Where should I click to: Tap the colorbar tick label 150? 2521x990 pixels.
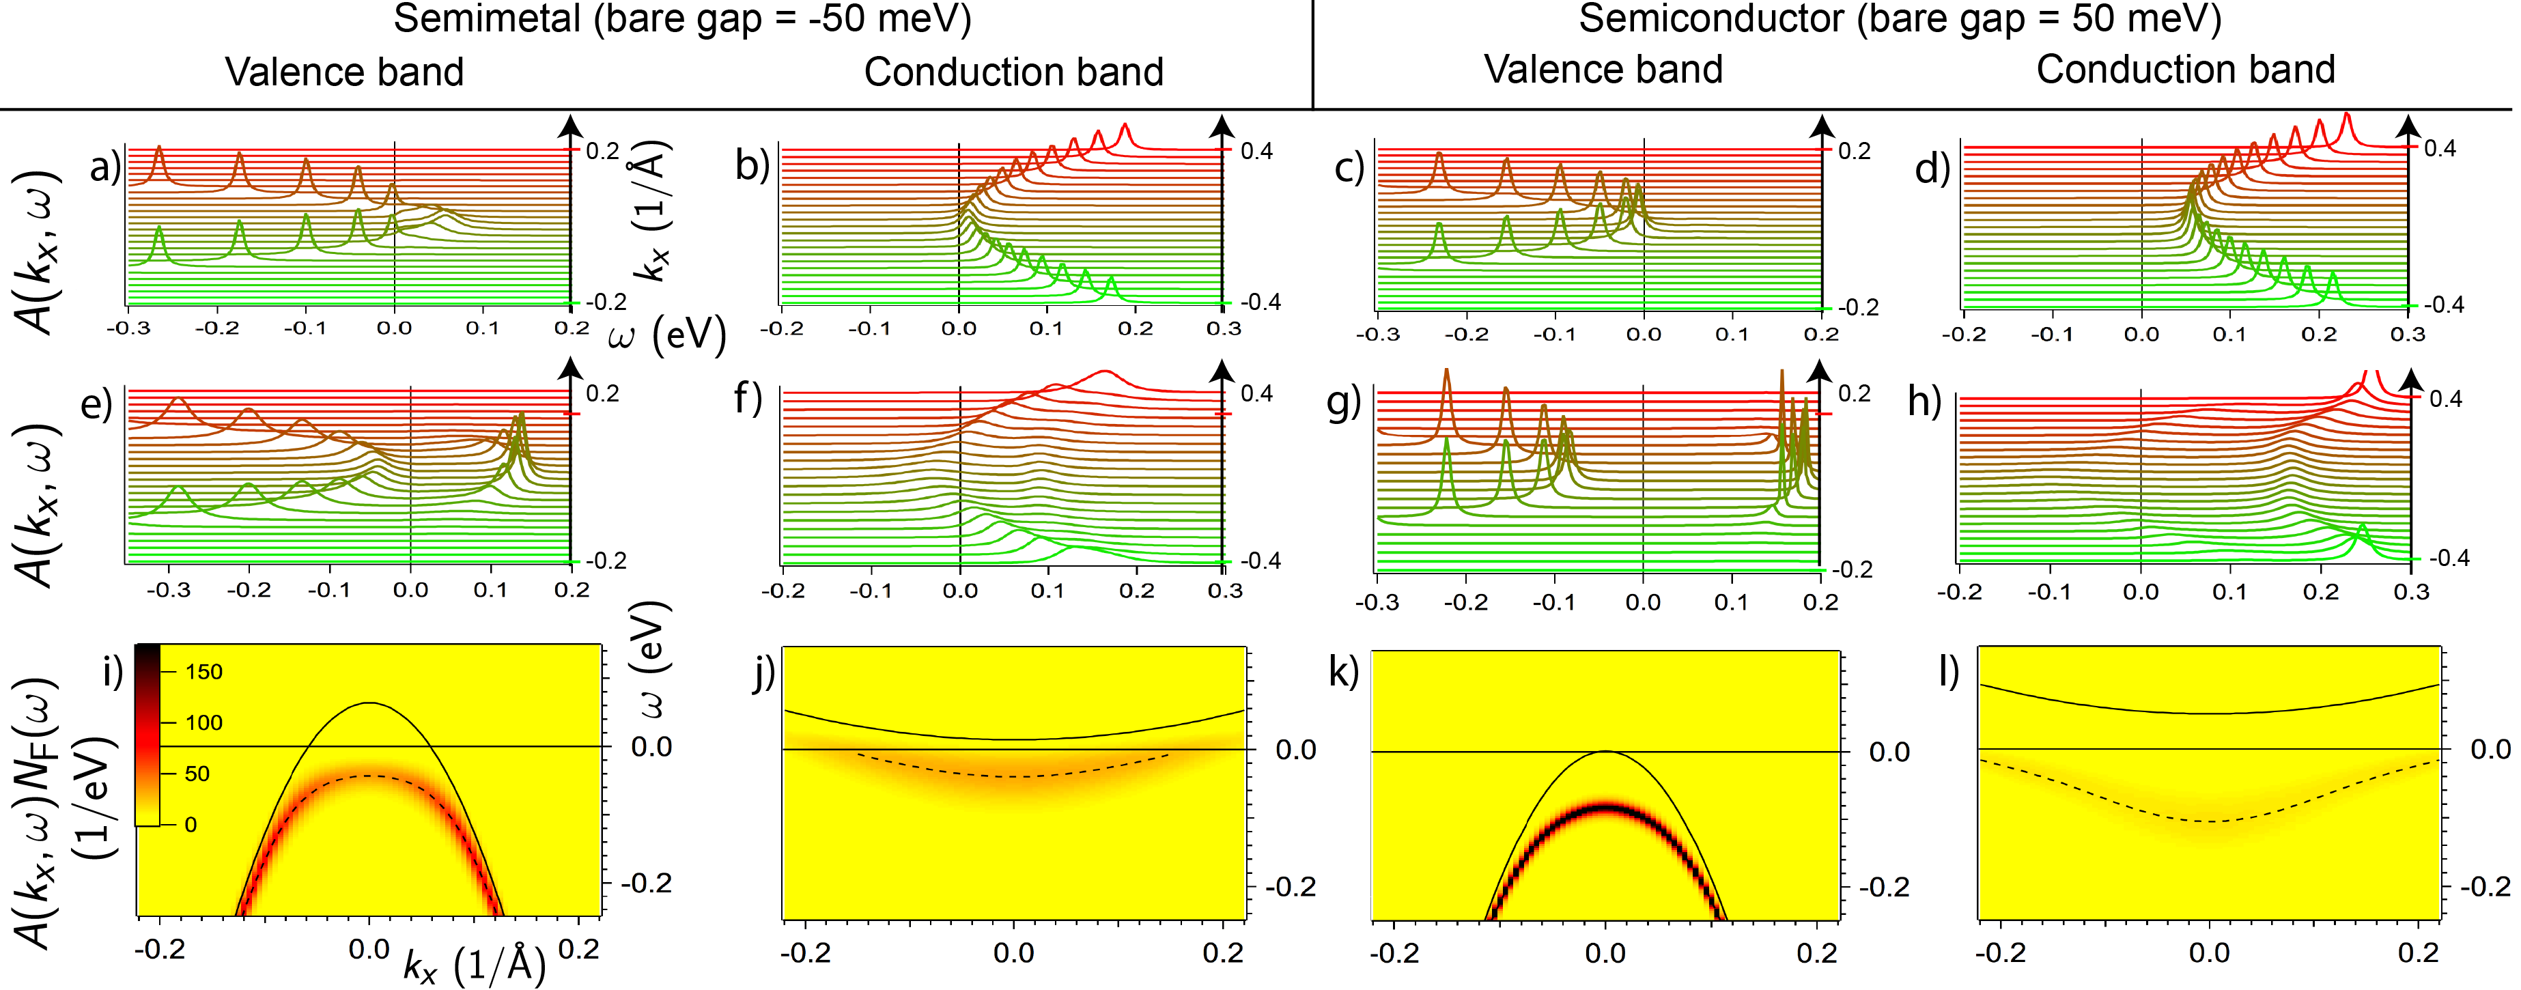(203, 672)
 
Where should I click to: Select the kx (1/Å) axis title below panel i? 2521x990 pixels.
(475, 965)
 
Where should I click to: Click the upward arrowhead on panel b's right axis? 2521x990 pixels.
(1222, 125)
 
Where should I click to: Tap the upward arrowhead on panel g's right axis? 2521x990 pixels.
(1818, 370)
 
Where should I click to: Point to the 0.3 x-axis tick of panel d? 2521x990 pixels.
(2408, 334)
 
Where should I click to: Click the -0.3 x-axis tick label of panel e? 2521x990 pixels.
(169, 590)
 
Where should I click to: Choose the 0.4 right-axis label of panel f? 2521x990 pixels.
(1256, 393)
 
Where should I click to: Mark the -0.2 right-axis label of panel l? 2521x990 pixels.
(2483, 886)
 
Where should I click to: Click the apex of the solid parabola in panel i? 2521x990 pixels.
(368, 703)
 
